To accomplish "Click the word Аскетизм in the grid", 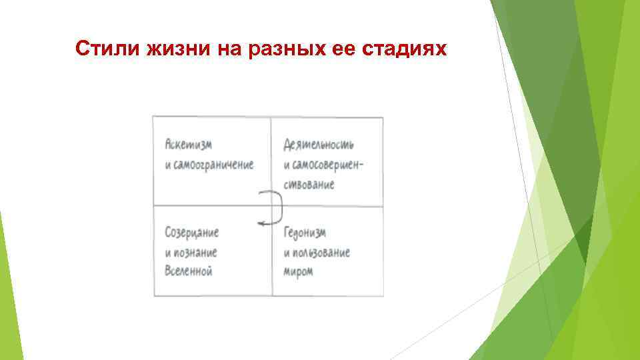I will tap(185, 145).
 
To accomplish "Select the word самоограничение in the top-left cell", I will tap(215, 165).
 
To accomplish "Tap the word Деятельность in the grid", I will tap(319, 145).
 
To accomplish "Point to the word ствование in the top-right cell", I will tap(309, 184).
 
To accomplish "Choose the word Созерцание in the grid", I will tap(191, 233).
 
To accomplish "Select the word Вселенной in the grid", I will tap(188, 272).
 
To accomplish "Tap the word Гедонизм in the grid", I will tap(305, 233).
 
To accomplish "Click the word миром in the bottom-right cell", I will tap(298, 272).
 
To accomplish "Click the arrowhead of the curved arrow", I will tap(264, 223).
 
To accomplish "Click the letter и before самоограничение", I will tap(167, 165).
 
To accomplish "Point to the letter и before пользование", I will tap(287, 253).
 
